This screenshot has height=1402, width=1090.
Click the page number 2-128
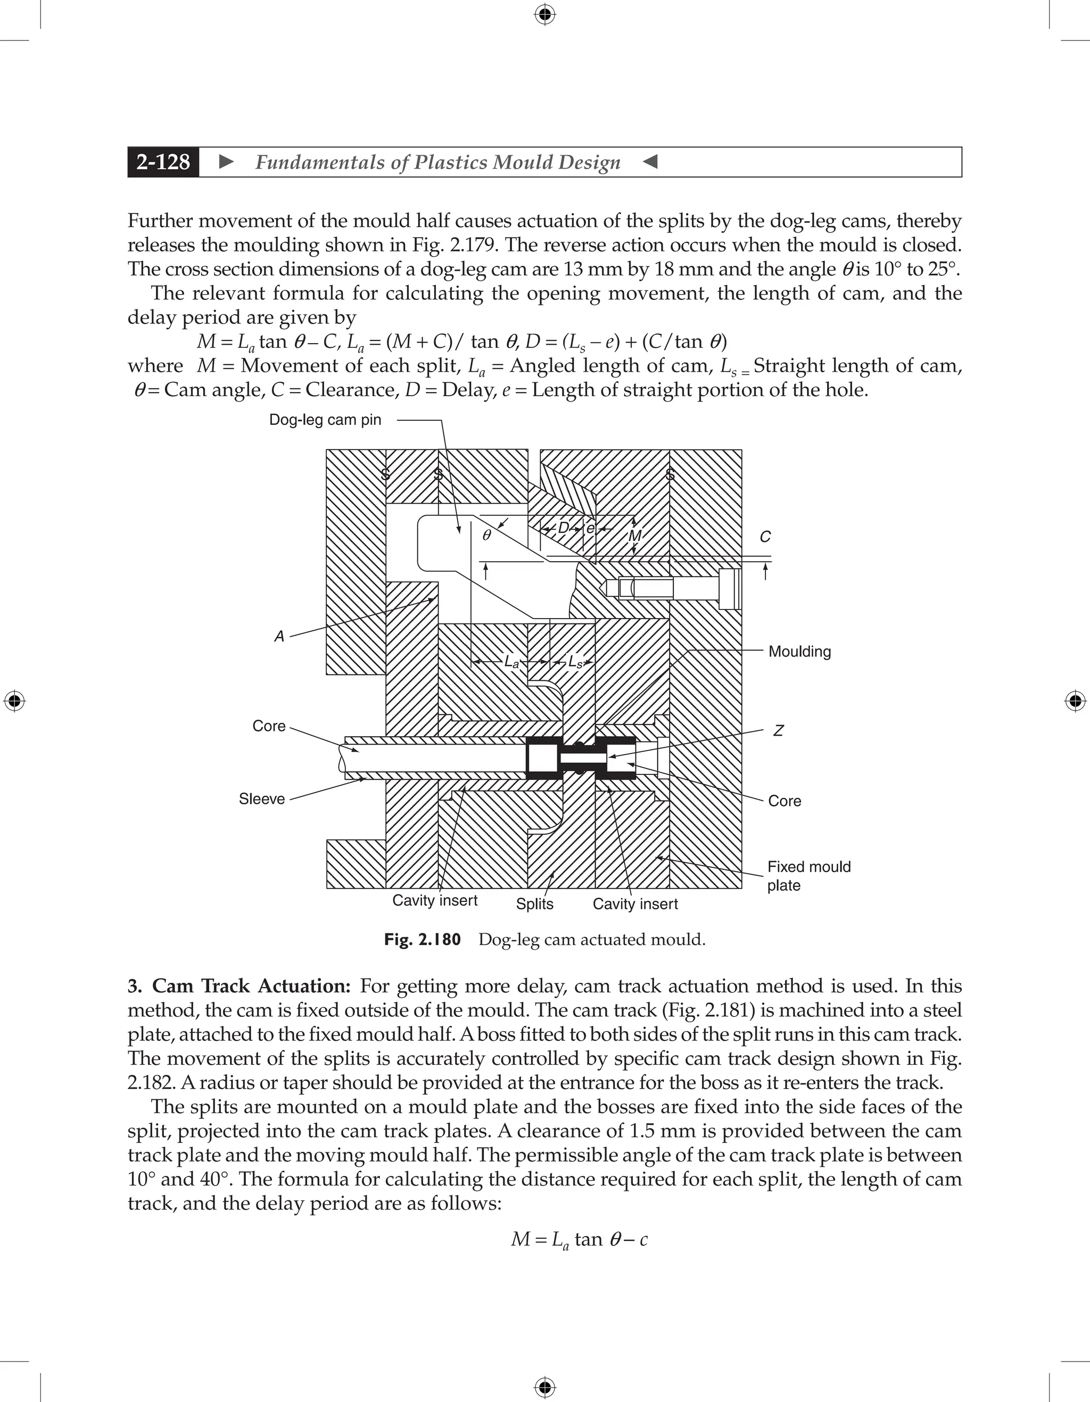163,162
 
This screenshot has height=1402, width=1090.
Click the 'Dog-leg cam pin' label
325,420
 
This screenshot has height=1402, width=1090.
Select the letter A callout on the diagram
279,636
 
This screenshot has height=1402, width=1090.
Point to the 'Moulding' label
799,652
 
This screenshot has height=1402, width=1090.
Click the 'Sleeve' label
261,798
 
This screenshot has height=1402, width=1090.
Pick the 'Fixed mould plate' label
808,875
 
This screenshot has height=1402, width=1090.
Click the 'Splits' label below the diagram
534,904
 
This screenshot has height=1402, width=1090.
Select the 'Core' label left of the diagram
268,726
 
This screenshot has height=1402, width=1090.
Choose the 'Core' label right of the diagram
785,801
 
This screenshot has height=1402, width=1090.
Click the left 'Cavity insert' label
435,900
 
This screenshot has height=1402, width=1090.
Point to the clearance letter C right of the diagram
765,537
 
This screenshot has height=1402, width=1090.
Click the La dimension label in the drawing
511,662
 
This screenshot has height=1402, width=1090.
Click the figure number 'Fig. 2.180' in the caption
422,940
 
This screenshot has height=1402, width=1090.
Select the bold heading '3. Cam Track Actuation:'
239,986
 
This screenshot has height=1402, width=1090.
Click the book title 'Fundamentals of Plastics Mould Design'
438,162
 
